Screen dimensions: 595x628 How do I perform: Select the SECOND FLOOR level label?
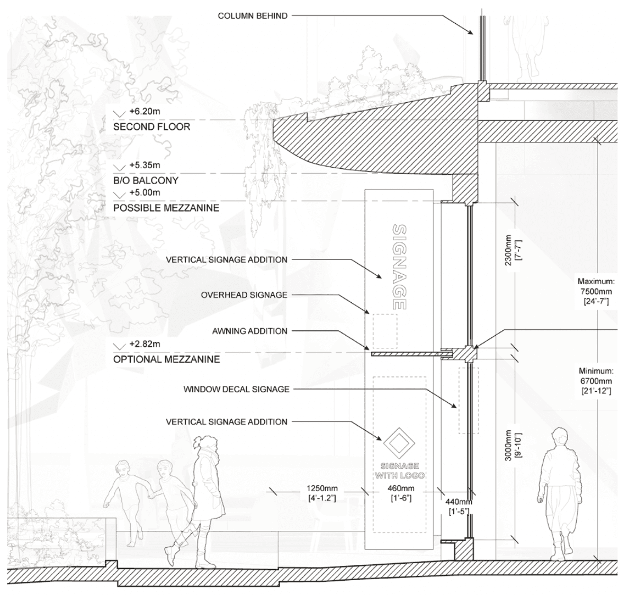pos(151,127)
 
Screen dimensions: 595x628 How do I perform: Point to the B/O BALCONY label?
pos(146,181)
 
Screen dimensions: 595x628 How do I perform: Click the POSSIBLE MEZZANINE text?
pos(166,208)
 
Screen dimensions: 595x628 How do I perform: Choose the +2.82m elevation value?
pos(144,345)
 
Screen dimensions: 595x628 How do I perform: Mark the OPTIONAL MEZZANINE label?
pos(166,359)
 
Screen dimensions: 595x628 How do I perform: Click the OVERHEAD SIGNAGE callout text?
pos(244,295)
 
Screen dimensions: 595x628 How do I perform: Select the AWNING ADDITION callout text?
pos(249,331)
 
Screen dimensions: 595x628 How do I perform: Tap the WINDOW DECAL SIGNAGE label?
pos(236,389)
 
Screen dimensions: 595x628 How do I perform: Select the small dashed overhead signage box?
pos(384,331)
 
